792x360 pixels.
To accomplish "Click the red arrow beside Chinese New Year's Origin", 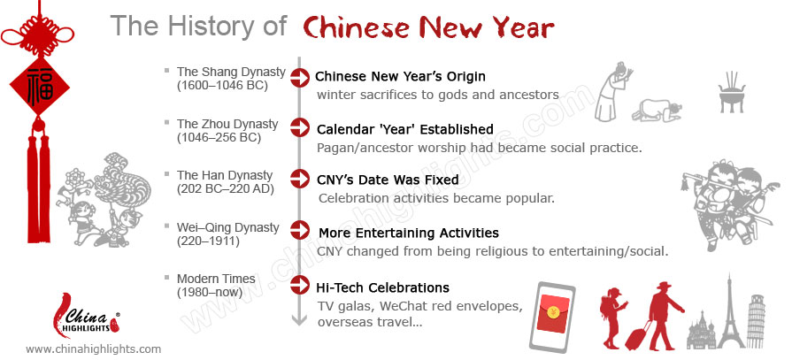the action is point(299,77).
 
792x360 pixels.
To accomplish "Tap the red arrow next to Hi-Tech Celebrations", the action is point(299,285).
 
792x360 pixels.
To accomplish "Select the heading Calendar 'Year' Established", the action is point(405,129).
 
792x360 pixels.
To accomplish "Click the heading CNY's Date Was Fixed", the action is point(388,180).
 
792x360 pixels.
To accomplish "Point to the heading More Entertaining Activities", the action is point(409,233).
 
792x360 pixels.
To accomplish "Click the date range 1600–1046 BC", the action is point(222,85).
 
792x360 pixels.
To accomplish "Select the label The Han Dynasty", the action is point(225,176).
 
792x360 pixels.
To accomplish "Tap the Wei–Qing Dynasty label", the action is point(227,227).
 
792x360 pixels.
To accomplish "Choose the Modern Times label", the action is point(216,279).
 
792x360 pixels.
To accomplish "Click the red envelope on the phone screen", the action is point(552,313).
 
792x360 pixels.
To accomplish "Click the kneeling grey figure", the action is point(657,111).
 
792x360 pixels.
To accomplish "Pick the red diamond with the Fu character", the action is point(40,86).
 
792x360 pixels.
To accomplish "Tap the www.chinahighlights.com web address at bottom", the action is point(94,349).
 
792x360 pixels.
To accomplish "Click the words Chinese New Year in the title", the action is point(428,27).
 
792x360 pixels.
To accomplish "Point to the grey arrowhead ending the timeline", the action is point(299,319).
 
